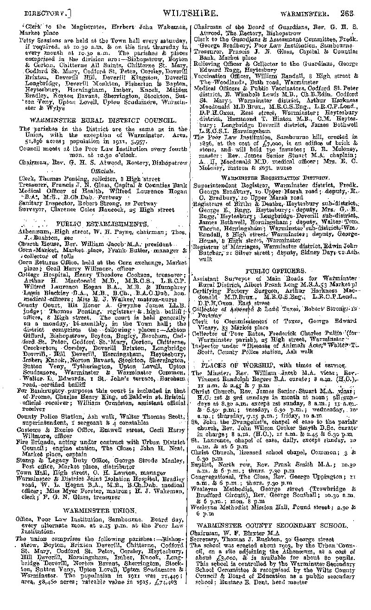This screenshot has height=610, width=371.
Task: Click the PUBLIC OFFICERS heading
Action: pyautogui.click(x=275, y=270)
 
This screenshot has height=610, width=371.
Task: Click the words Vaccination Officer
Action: pyautogui.click(x=223, y=75)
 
